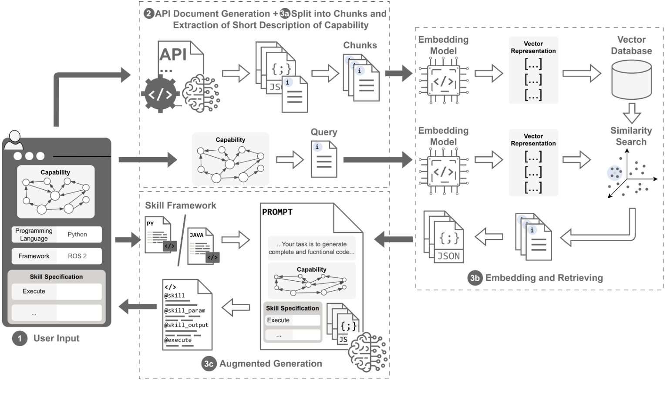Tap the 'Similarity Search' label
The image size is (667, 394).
pos(631,136)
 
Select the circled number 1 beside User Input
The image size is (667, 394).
pos(20,338)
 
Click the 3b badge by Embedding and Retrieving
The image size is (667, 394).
pos(475,278)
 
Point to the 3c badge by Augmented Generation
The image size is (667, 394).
pos(209,364)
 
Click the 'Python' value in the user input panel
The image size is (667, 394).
pos(77,234)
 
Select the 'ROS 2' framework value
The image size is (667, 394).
pos(77,256)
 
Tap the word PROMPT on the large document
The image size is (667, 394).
pos(277,212)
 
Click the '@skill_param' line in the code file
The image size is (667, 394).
pos(185,310)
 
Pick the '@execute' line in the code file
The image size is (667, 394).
pos(178,340)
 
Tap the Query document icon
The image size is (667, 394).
pos(323,159)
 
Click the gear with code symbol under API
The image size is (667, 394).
pos(160,94)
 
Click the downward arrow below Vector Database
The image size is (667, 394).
pos(631,113)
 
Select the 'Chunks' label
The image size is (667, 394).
pos(360,45)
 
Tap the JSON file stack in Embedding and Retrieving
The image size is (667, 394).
pos(444,237)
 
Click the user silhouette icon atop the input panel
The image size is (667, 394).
pos(14,140)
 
